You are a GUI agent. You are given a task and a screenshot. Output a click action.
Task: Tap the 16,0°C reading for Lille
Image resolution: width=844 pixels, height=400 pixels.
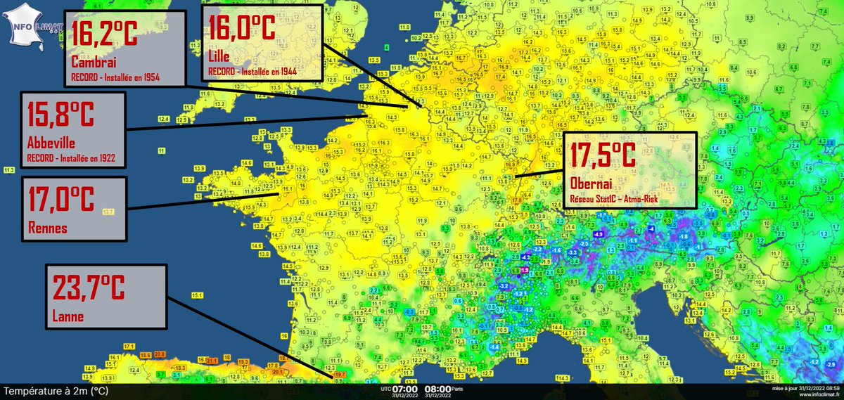point(241,30)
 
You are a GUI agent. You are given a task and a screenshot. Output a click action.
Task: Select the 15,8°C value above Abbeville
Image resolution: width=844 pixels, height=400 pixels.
point(60,114)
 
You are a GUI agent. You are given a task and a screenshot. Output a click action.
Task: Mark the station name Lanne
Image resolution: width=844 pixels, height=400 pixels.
point(68,317)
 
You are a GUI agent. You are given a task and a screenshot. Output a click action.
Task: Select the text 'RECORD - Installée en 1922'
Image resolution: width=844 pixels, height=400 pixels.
point(72,157)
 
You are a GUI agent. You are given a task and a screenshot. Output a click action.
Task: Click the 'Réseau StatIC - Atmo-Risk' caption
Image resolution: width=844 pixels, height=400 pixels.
point(619,199)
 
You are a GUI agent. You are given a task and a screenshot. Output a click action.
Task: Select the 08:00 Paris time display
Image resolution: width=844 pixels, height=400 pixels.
point(442,388)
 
